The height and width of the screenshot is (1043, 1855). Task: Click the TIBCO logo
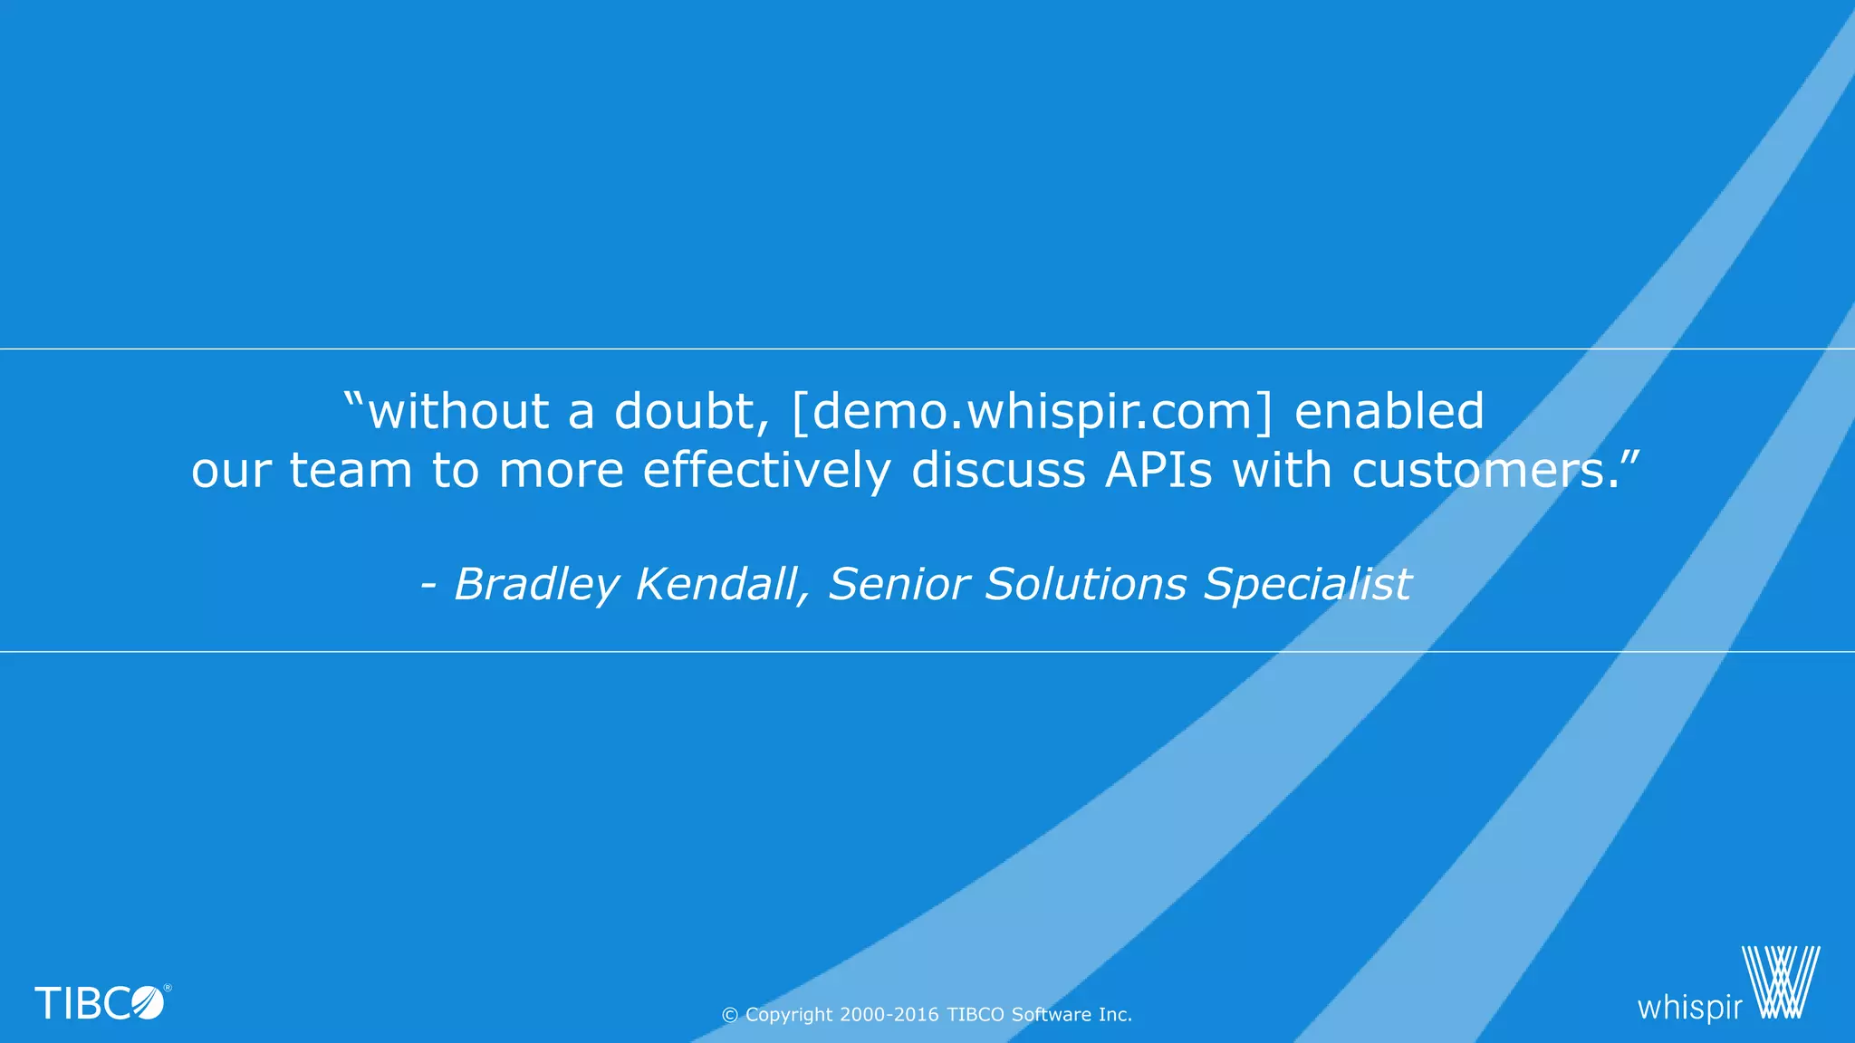coord(101,1003)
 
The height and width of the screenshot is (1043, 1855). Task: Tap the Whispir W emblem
coord(1781,983)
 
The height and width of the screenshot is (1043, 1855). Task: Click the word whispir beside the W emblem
coord(1689,1008)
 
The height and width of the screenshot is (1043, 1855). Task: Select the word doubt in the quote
coord(685,411)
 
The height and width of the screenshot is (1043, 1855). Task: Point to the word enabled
coord(1389,411)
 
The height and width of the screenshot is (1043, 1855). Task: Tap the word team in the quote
coord(351,471)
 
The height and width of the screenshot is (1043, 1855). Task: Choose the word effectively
coord(766,471)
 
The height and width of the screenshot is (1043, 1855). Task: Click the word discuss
coord(998,471)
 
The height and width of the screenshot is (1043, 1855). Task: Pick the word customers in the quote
coord(1485,471)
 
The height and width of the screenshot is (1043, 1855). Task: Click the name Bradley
coord(535,585)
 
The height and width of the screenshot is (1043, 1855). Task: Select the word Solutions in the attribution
coord(1085,585)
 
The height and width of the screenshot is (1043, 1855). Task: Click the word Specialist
coord(1307,585)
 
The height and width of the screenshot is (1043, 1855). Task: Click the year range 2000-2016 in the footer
coord(889,1015)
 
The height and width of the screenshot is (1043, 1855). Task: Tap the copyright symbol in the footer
coord(729,1016)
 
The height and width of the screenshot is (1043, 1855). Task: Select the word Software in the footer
coord(1051,1015)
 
